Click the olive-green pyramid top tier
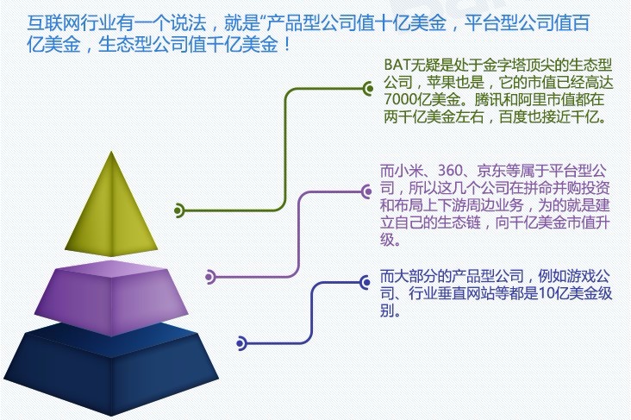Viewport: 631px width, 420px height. pos(111,213)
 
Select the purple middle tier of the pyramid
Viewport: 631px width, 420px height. pos(111,300)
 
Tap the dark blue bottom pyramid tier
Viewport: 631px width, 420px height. pos(111,368)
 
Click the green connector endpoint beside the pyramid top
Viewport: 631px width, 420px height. pos(178,210)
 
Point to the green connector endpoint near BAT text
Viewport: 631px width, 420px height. pos(368,88)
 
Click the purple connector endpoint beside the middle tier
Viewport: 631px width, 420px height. pos(209,277)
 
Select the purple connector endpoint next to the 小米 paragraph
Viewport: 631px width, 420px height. pos(366,191)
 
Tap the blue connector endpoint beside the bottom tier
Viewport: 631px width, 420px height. pos(241,343)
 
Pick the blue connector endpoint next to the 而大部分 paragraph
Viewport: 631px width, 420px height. pos(365,282)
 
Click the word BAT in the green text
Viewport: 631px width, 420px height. pos(396,65)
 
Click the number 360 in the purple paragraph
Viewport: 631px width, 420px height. pos(450,171)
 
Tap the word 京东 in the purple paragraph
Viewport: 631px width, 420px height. pos(491,171)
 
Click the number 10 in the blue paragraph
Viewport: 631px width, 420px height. pos(546,293)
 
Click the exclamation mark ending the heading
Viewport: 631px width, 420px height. pos(287,44)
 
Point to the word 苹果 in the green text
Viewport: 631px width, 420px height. pos(441,82)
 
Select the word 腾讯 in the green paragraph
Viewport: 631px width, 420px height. pos(489,99)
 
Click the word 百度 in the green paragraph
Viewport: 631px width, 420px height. pos(514,116)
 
